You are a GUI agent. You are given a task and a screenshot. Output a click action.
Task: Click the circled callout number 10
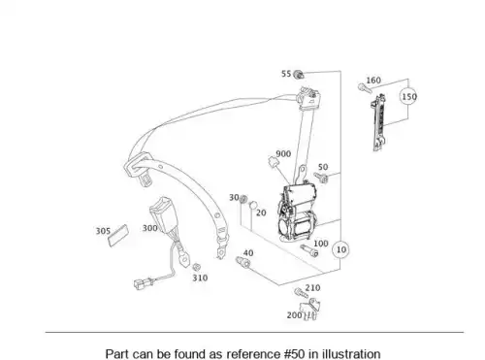tap(340, 249)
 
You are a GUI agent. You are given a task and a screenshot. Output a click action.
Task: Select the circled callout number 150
tap(408, 96)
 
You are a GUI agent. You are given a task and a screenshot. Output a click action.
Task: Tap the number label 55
tap(286, 74)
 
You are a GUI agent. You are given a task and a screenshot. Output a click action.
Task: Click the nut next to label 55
tap(299, 75)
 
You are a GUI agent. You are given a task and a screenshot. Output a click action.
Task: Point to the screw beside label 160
tap(365, 88)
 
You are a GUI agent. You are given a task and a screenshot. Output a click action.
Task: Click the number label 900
tap(283, 154)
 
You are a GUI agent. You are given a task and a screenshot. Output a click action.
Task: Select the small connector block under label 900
tap(273, 161)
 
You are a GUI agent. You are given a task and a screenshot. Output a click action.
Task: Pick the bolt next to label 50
tap(321, 178)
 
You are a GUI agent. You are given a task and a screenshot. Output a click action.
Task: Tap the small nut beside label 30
tap(243, 198)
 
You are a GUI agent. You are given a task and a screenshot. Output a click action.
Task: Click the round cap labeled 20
tap(253, 205)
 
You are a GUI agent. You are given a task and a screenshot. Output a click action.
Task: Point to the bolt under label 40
tap(243, 262)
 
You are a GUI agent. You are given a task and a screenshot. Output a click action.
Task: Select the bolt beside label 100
tap(309, 250)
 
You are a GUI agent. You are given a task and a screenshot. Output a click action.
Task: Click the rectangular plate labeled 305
tap(118, 236)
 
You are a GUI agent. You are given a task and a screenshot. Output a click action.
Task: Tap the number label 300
tap(150, 228)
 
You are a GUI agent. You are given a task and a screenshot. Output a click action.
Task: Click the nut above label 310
tap(196, 267)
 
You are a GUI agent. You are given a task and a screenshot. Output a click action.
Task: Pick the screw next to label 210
tap(300, 293)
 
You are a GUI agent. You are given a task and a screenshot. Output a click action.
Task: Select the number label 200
tap(294, 315)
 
